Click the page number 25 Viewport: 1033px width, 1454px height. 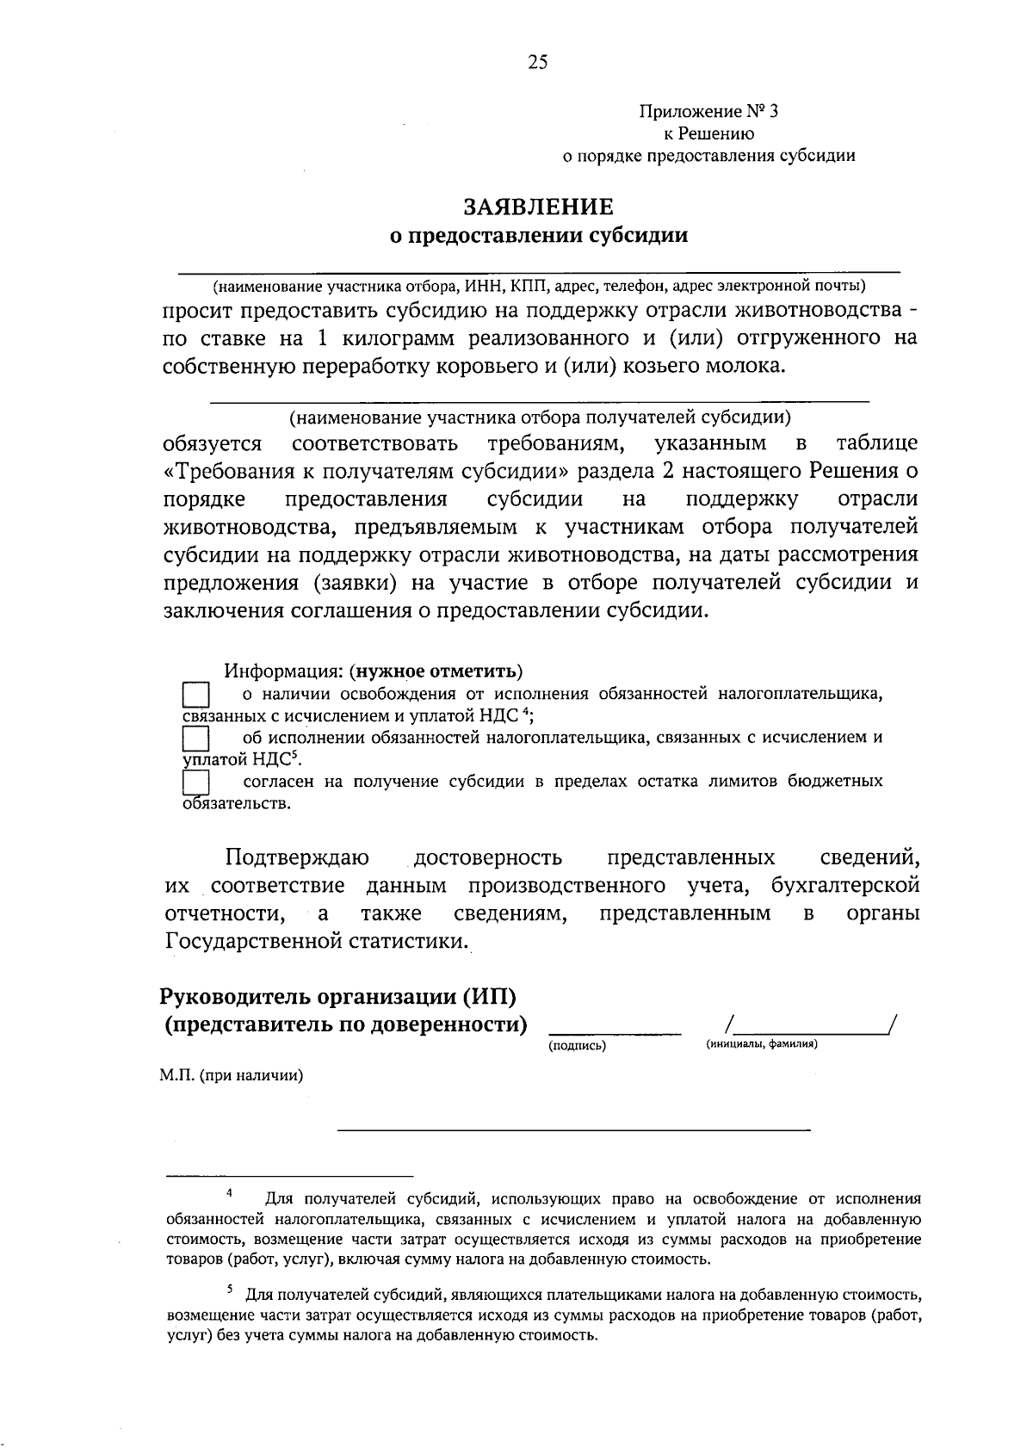pyautogui.click(x=538, y=61)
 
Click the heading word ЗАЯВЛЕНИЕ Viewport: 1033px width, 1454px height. pyautogui.click(x=539, y=207)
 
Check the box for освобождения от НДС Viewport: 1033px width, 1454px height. pyautogui.click(x=197, y=696)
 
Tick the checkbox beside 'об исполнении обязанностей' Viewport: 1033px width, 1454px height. pyautogui.click(x=197, y=739)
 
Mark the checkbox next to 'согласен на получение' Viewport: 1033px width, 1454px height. pyautogui.click(x=197, y=783)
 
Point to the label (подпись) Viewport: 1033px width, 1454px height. pyautogui.click(x=577, y=1046)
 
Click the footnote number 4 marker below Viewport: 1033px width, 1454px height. pyautogui.click(x=230, y=1193)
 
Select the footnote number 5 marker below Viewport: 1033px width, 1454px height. pyautogui.click(x=230, y=1289)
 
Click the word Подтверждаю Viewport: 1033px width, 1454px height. pyautogui.click(x=298, y=858)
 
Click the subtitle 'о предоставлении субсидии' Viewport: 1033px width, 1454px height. pyautogui.click(x=539, y=235)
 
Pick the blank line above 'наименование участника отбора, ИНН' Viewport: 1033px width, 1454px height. pyautogui.click(x=539, y=271)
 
